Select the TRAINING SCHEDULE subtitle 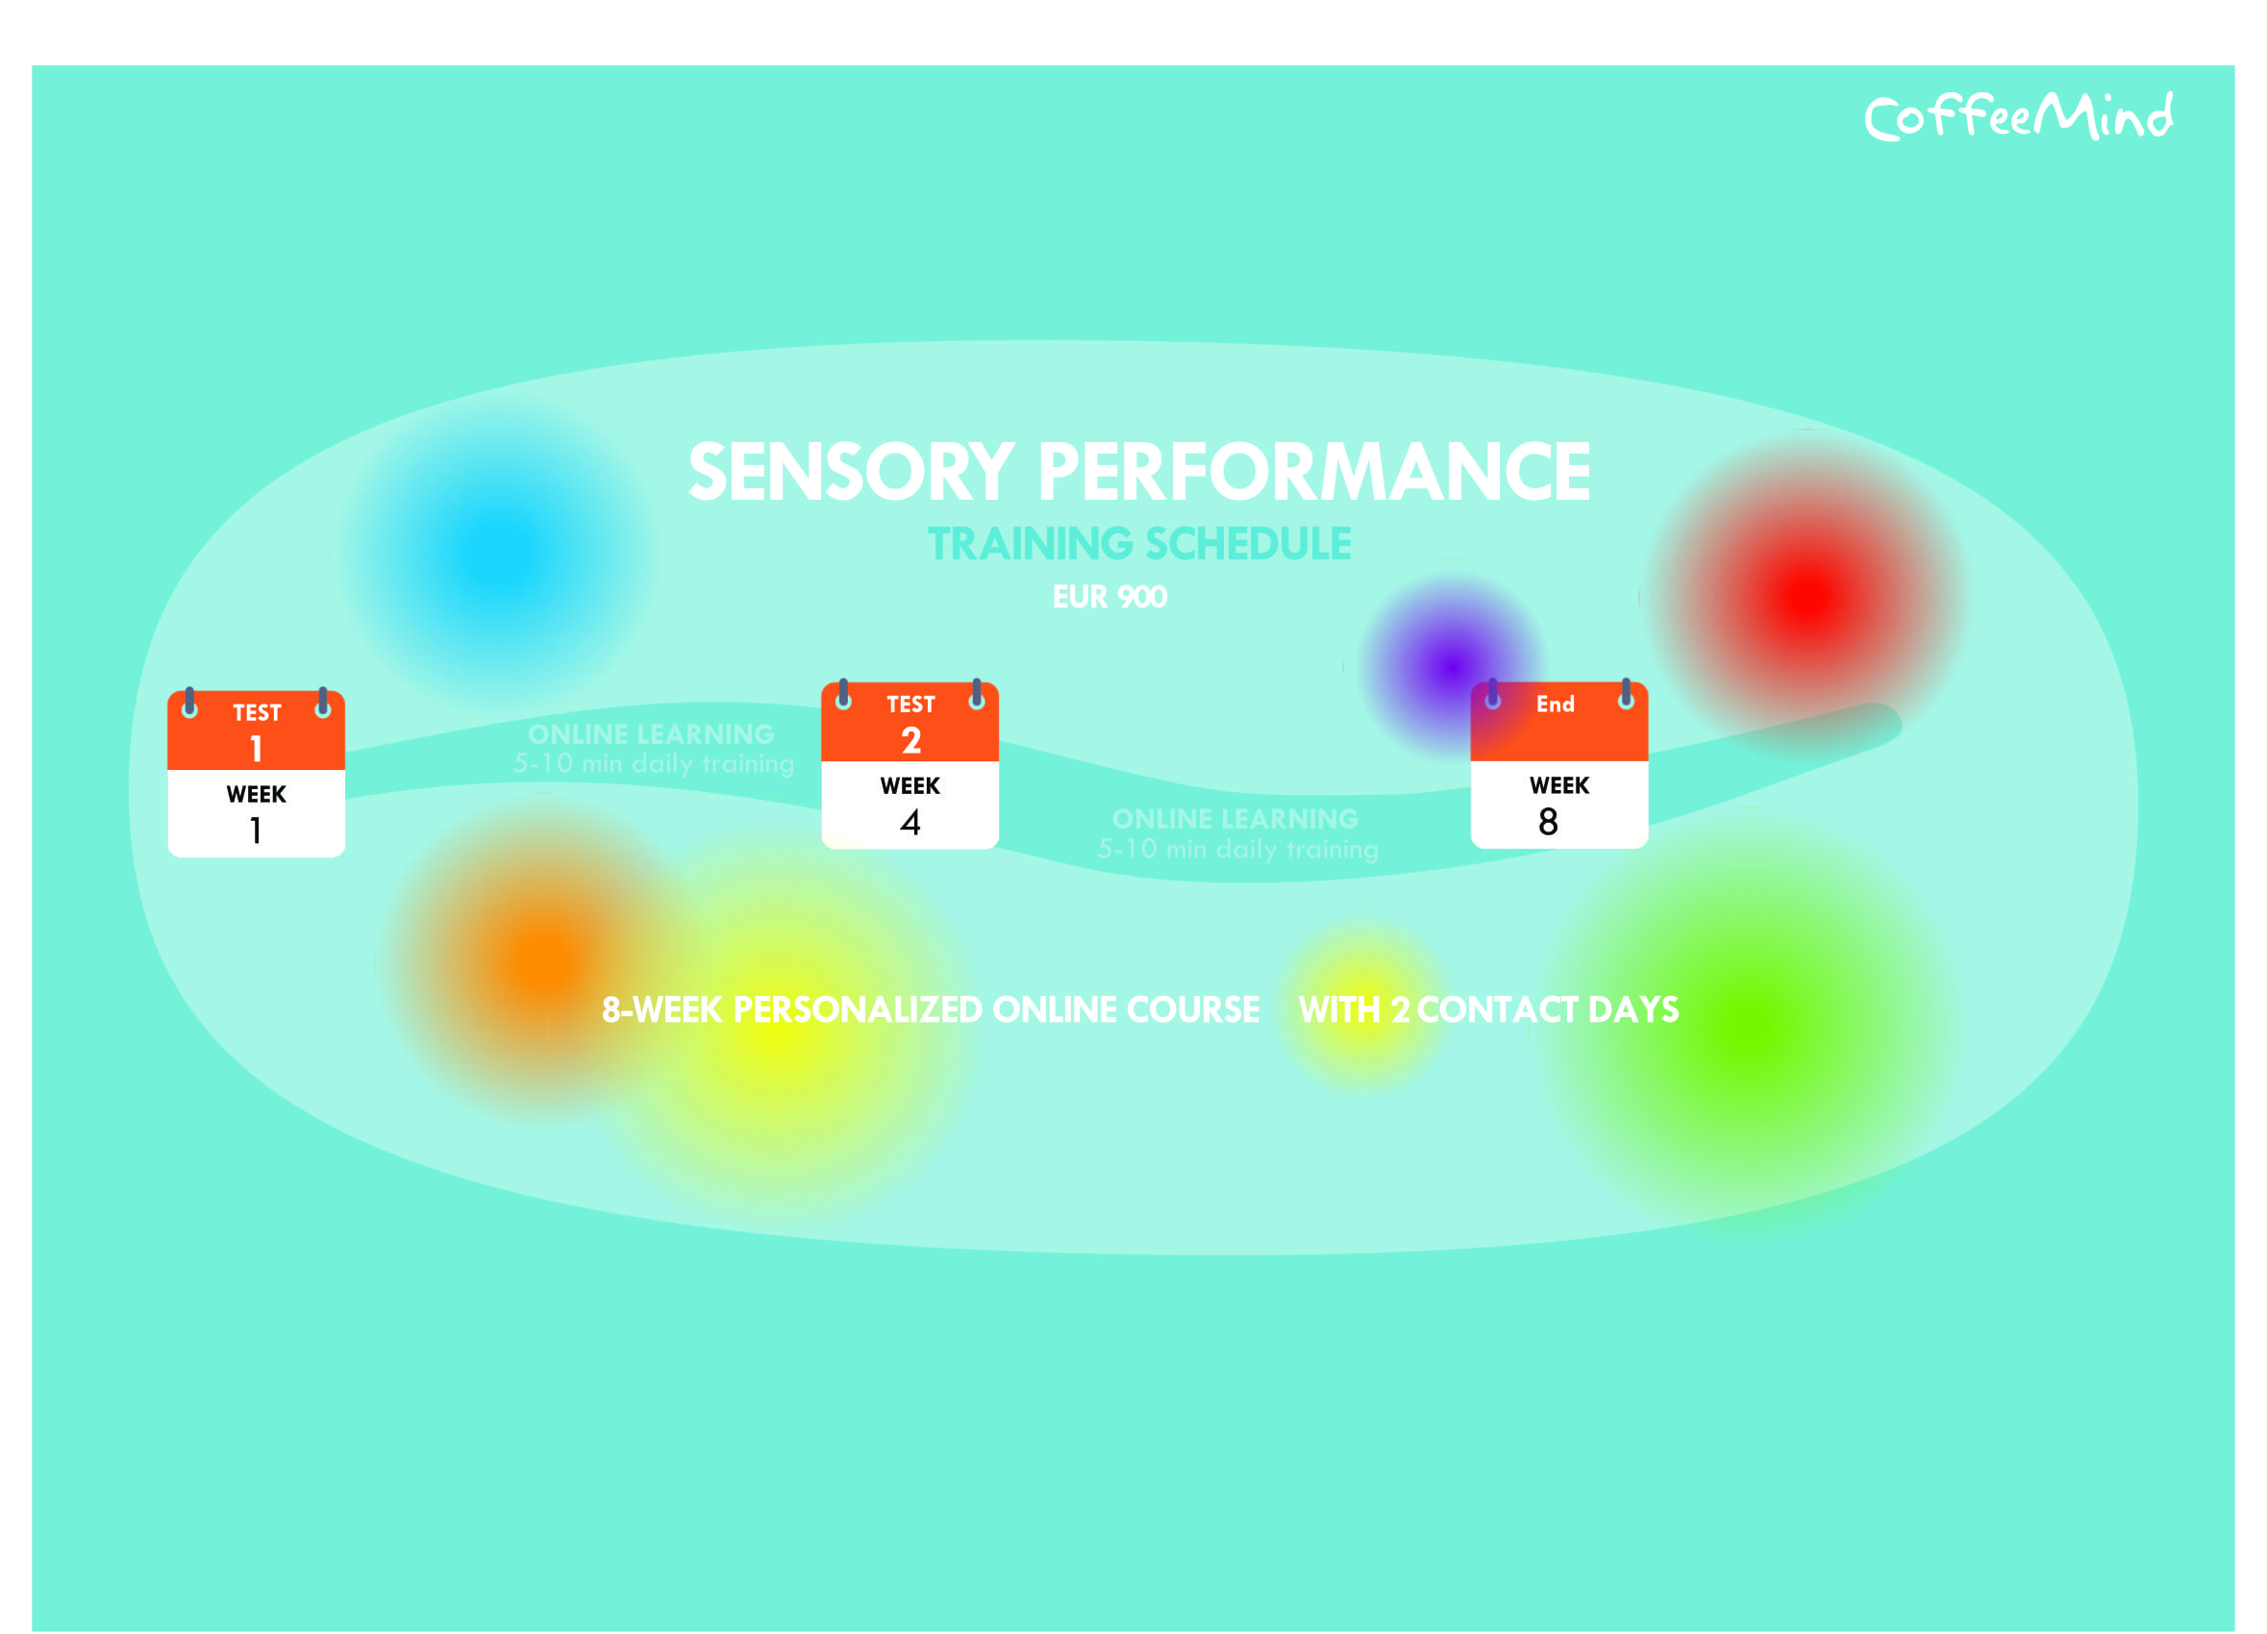1138,544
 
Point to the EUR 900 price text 1109,597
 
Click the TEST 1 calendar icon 256,772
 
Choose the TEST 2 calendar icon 909,763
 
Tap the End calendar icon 1559,763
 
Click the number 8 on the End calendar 1548,822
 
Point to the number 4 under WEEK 909,822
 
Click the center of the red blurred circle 1809,598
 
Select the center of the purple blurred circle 1452,665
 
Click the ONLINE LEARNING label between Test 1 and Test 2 651,734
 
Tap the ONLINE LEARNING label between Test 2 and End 1235,820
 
